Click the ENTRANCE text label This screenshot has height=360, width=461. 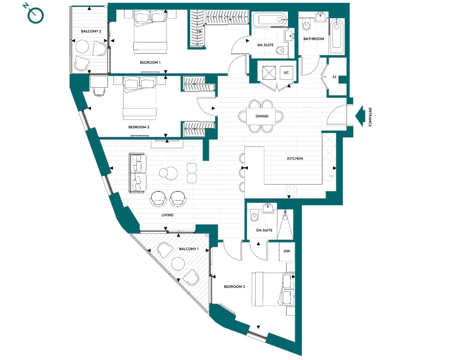pos(370,117)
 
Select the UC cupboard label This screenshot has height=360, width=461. pos(286,72)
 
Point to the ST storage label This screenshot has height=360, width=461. pos(334,78)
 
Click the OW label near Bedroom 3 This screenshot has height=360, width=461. pos(286,251)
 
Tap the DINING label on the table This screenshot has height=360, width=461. pos(262,116)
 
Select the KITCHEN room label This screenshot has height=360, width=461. pos(295,159)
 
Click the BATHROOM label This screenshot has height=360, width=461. pos(314,39)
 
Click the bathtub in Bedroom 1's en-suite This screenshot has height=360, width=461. pos(269,19)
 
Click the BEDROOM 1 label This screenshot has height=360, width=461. pos(150,63)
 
